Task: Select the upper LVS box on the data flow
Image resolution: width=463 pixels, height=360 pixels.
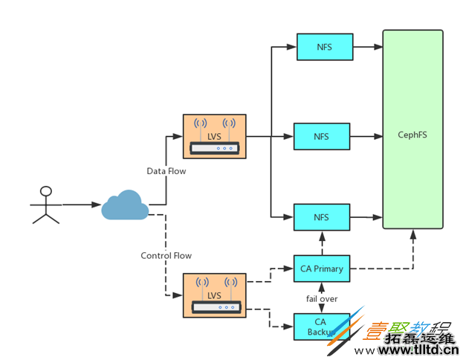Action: click(214, 136)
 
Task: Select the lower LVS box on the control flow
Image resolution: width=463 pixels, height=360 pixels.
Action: click(214, 295)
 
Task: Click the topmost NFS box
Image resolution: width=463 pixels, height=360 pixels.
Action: click(324, 47)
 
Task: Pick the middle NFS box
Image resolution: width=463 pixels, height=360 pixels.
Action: click(321, 137)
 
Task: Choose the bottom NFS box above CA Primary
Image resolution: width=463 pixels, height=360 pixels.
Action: click(321, 217)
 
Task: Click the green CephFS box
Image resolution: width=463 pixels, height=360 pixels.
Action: click(412, 129)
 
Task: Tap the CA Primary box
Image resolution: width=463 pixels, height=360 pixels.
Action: click(321, 269)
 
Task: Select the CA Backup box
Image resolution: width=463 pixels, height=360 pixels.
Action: click(321, 327)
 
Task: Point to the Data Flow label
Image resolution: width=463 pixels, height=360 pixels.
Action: click(166, 171)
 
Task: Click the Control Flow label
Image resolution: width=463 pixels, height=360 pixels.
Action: click(166, 256)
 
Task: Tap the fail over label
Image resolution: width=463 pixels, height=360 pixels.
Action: click(321, 298)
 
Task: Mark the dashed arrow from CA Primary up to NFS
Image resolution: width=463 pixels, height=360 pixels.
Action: click(321, 242)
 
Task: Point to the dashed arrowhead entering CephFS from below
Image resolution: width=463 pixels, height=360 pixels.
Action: click(412, 234)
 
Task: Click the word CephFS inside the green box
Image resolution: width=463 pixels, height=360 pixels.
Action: click(412, 136)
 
